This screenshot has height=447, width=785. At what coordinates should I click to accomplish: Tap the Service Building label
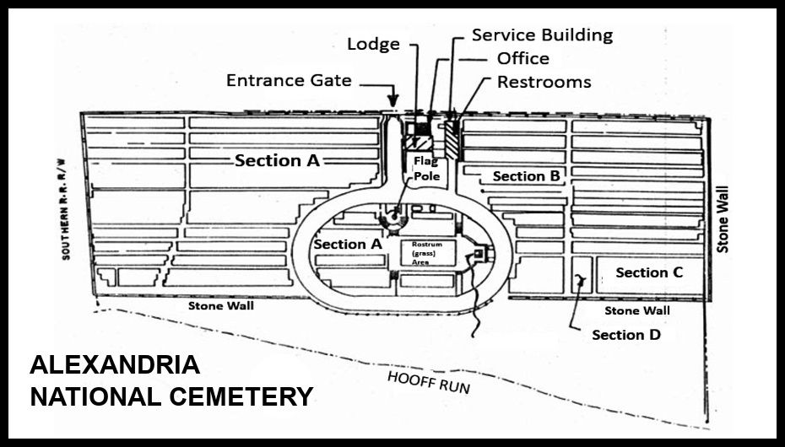[x=542, y=35]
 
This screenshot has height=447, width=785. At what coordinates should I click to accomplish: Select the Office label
[x=522, y=58]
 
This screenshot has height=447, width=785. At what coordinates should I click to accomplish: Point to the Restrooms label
[x=544, y=82]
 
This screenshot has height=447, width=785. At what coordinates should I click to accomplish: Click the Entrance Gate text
[x=289, y=81]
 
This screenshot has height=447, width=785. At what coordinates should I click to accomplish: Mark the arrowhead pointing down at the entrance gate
[x=392, y=101]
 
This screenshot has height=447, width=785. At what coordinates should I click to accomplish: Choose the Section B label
[x=526, y=176]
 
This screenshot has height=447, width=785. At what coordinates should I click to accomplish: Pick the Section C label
[x=649, y=272]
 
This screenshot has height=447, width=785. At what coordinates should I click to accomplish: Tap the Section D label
[x=625, y=335]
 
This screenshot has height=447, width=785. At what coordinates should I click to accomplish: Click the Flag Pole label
[x=423, y=168]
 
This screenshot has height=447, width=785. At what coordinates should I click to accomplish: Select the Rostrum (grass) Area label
[x=423, y=252]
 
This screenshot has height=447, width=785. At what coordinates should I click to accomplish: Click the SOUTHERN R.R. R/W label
[x=65, y=207]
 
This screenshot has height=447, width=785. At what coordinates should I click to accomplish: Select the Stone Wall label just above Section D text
[x=636, y=311]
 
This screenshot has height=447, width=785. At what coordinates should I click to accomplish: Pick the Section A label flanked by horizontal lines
[x=278, y=160]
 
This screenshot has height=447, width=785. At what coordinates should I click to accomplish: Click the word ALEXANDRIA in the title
[x=115, y=365]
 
